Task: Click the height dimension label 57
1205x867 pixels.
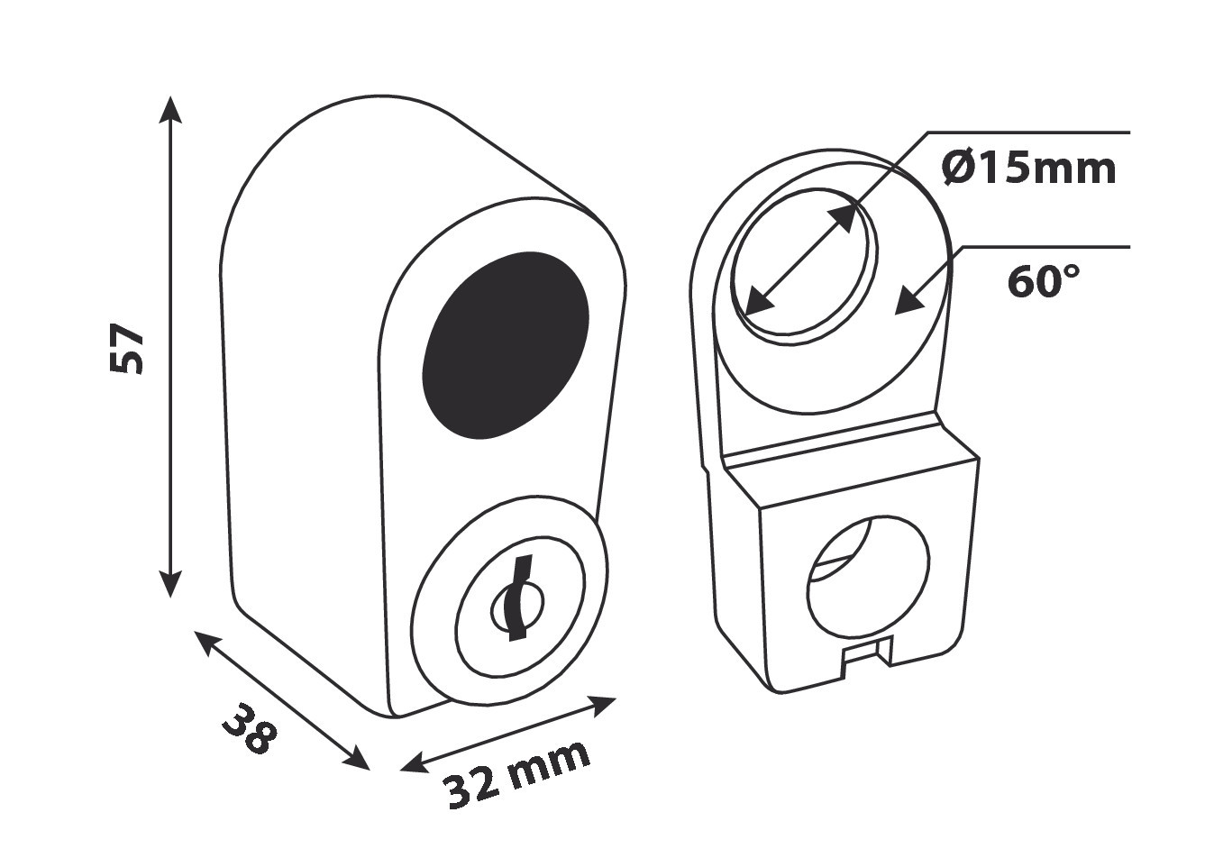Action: pyautogui.click(x=127, y=348)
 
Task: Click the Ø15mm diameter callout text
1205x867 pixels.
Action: pyautogui.click(x=1028, y=169)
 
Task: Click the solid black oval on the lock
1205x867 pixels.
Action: pyautogui.click(x=505, y=345)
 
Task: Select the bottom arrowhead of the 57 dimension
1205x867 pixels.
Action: pyautogui.click(x=170, y=584)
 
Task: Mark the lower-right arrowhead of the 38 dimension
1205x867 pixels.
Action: pyautogui.click(x=355, y=760)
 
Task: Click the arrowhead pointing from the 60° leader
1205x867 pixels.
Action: pyautogui.click(x=912, y=299)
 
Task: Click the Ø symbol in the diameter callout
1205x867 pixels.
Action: pyautogui.click(x=958, y=169)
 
